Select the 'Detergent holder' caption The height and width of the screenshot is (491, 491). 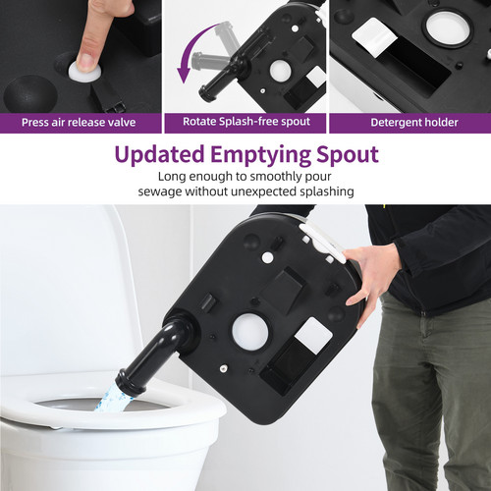409,123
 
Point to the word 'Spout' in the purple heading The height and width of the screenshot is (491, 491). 345,155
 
